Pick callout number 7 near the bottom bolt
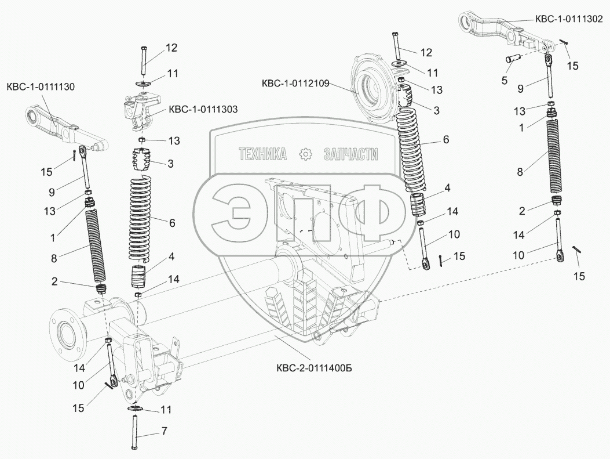164,432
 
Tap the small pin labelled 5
514,57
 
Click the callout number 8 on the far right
519,171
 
